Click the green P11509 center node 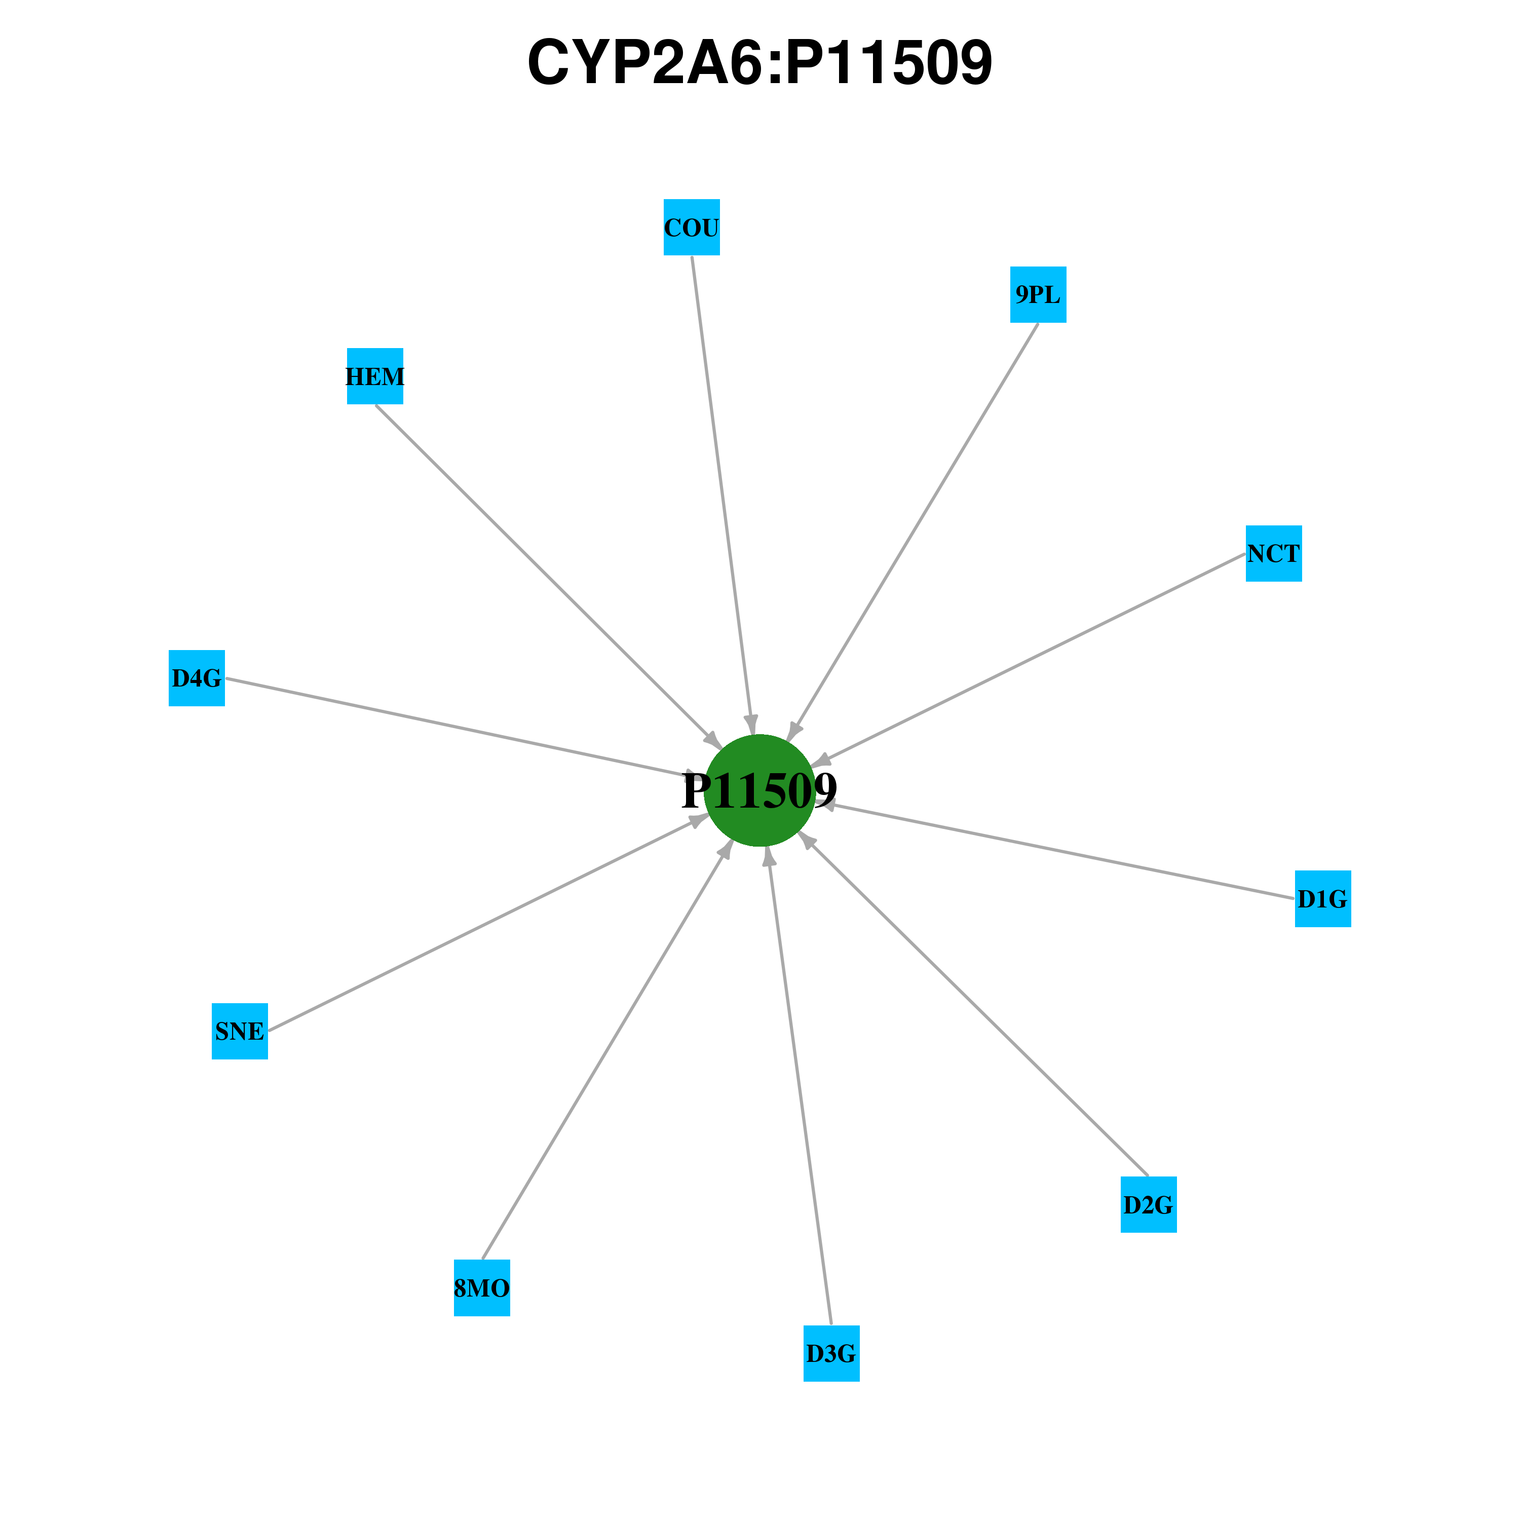pyautogui.click(x=759, y=791)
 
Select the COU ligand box pyautogui.click(x=692, y=227)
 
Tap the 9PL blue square pyautogui.click(x=1038, y=294)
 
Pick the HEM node pyautogui.click(x=375, y=376)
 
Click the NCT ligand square pyautogui.click(x=1274, y=554)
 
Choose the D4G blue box pyautogui.click(x=197, y=678)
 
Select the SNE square pyautogui.click(x=240, y=1032)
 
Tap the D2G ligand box pyautogui.click(x=1149, y=1204)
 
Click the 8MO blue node pyautogui.click(x=481, y=1288)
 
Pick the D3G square pyautogui.click(x=831, y=1353)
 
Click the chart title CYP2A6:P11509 pyautogui.click(x=760, y=62)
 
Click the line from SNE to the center pyautogui.click(x=488, y=923)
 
